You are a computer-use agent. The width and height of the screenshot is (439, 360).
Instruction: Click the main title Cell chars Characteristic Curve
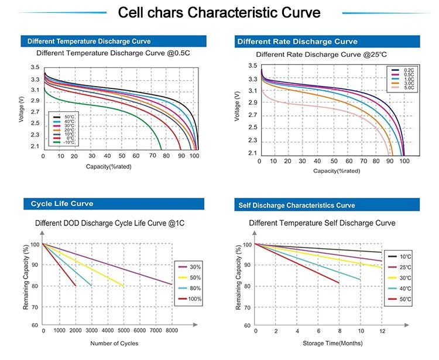point(220,12)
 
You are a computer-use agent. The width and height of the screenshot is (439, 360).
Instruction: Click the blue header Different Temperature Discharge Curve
point(86,42)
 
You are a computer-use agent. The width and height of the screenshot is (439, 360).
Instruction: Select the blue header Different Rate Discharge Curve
point(297,42)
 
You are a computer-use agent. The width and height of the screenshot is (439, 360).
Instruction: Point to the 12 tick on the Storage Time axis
point(382,331)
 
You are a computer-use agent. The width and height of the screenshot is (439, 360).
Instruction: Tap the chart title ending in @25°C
point(322,54)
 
